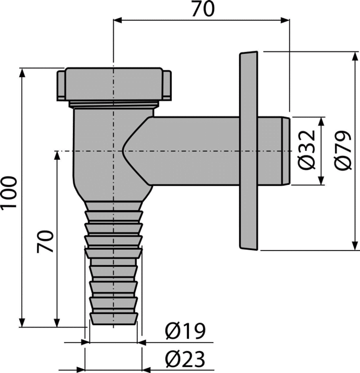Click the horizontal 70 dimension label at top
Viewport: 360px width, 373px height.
click(x=203, y=9)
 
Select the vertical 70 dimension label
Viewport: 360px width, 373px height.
click(x=45, y=242)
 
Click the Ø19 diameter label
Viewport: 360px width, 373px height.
click(x=185, y=331)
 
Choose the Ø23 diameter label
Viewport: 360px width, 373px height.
click(x=185, y=359)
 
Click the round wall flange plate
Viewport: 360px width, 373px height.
click(x=248, y=151)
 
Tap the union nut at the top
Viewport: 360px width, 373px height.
click(x=114, y=85)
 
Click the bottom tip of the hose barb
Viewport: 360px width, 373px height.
click(x=114, y=324)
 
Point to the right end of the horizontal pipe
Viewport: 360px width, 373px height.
click(x=290, y=151)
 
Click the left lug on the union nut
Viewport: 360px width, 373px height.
click(x=61, y=85)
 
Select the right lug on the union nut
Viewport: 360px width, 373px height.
click(x=167, y=85)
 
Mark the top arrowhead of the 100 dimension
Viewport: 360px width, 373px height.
click(x=22, y=72)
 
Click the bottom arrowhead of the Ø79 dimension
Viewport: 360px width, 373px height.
click(x=355, y=246)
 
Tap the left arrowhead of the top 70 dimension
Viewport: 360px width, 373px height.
click(x=117, y=20)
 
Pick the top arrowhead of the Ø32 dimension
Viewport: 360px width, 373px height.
click(x=321, y=121)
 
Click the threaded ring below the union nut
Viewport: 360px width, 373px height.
click(x=114, y=104)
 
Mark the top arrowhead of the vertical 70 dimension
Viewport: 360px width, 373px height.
click(x=57, y=156)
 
